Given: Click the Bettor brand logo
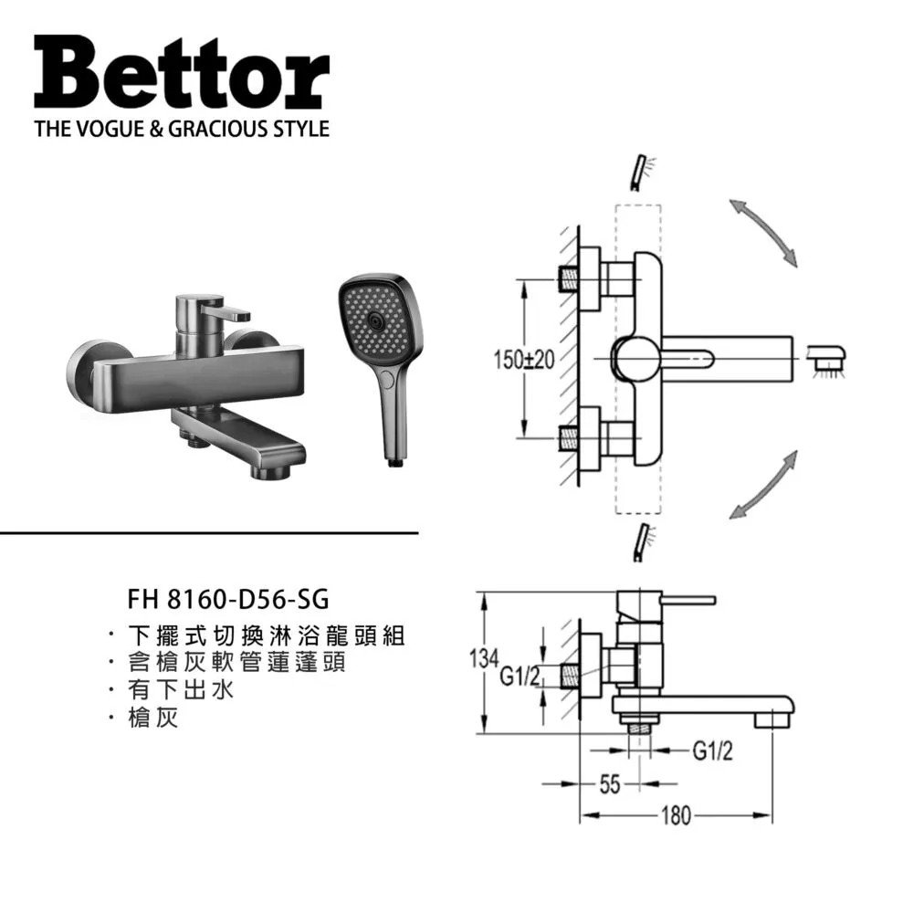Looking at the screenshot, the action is pyautogui.click(x=182, y=73).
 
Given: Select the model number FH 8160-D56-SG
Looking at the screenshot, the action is pyautogui.click(x=228, y=599).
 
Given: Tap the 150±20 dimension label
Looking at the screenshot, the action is pyautogui.click(x=523, y=360).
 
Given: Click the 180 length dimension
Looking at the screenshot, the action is pyautogui.click(x=676, y=815).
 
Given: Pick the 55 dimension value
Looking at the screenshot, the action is pyautogui.click(x=610, y=784).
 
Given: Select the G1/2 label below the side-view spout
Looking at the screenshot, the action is pyautogui.click(x=713, y=751).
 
